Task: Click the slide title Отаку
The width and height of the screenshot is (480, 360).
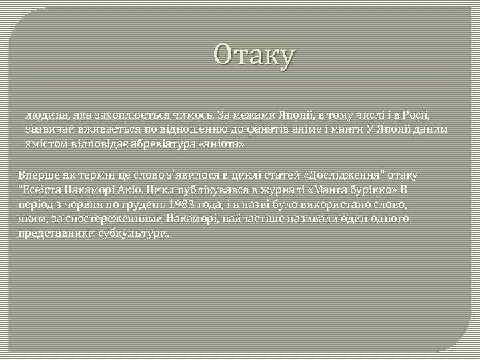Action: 253,56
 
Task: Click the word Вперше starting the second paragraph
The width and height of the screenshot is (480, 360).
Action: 39,175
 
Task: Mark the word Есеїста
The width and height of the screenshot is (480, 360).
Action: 42,189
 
